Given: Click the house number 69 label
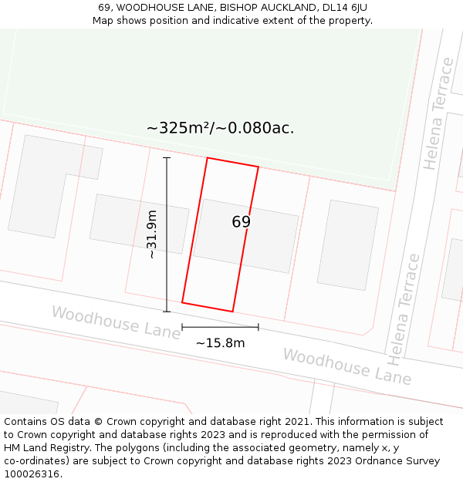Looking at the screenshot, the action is coord(241,222).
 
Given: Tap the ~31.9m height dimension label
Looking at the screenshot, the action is coord(152,234).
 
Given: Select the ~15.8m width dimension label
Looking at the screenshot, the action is coord(220,343).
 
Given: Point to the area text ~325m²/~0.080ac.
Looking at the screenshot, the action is coord(220,128).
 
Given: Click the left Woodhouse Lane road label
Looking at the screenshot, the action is coord(116,322).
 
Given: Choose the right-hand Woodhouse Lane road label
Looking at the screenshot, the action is coord(346,366).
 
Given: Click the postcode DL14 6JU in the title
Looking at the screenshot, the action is coord(342,8).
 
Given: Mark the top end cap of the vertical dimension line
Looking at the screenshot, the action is coord(167,158).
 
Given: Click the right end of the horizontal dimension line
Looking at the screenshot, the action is coord(259,327).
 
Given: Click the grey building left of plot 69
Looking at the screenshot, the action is coord(139,224).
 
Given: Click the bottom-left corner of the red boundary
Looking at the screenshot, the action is coord(182,302).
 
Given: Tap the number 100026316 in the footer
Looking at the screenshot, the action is coord(31,474).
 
